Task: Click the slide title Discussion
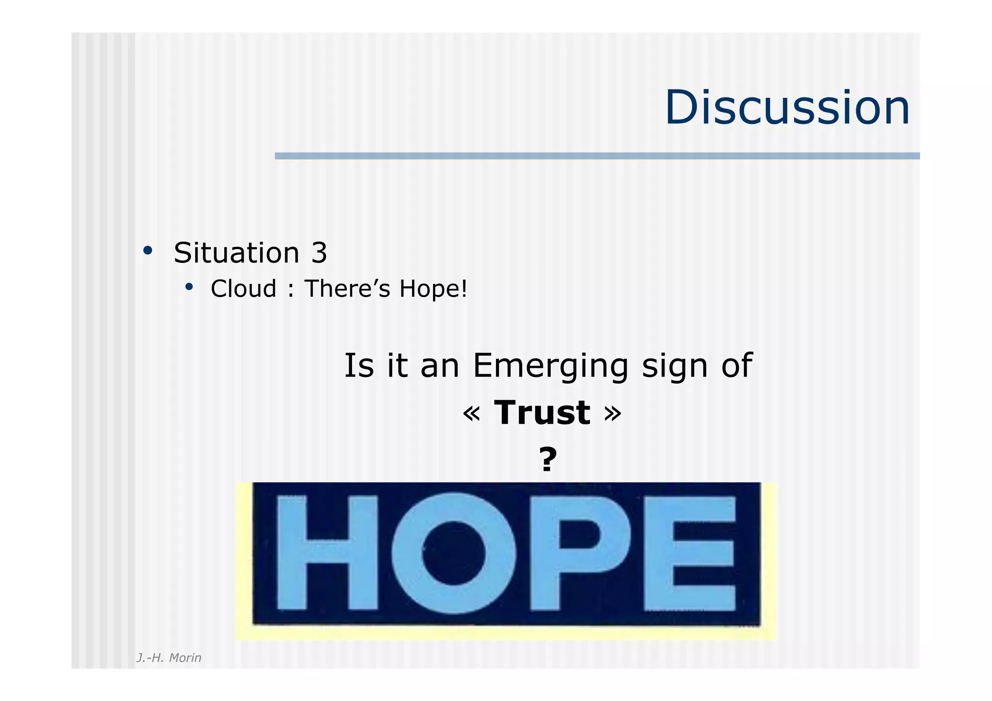(x=787, y=108)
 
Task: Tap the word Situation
(x=236, y=253)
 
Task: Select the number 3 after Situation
(x=319, y=253)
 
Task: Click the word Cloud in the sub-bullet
(x=243, y=289)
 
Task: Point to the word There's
(x=347, y=289)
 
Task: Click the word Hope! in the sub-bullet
(x=433, y=289)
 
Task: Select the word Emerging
(x=550, y=366)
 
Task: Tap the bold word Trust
(x=542, y=413)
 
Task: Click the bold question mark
(x=548, y=459)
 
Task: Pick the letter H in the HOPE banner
(x=327, y=553)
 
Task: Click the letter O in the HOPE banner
(x=453, y=553)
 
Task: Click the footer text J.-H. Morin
(x=169, y=657)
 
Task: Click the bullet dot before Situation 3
(x=148, y=251)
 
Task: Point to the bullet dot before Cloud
(x=189, y=287)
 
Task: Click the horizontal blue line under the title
(x=597, y=156)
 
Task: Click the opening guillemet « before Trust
(x=471, y=413)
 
